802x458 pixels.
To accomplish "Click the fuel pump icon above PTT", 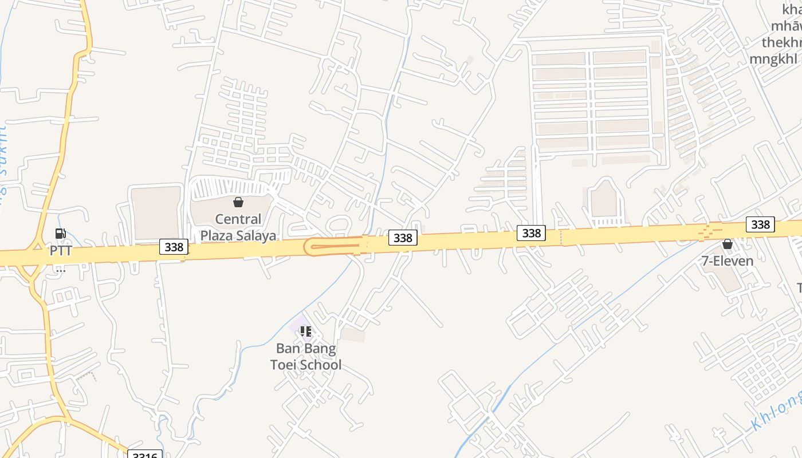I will click(x=60, y=234).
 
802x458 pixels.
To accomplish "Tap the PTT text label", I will click(x=61, y=251).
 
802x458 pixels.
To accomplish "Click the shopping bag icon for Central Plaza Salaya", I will click(x=238, y=202).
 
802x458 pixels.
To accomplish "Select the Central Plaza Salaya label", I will click(x=238, y=227).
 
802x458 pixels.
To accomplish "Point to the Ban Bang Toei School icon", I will click(x=306, y=331).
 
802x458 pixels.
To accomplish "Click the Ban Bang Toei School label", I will click(x=306, y=356).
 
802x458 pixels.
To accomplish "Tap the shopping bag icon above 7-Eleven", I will click(x=728, y=244).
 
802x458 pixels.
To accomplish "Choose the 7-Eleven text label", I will click(x=728, y=261).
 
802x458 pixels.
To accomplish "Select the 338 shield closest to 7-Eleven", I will click(x=760, y=224).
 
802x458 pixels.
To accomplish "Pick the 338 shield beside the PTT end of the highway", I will click(x=174, y=247).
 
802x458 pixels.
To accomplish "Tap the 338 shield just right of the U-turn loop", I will click(x=403, y=238).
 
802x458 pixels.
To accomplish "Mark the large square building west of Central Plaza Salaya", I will click(x=156, y=212).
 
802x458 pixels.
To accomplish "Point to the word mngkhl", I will click(x=775, y=59).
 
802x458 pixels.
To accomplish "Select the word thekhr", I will click(x=781, y=43).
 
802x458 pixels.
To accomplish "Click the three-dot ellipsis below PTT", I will click(x=61, y=270).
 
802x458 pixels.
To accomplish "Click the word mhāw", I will click(x=786, y=26).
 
